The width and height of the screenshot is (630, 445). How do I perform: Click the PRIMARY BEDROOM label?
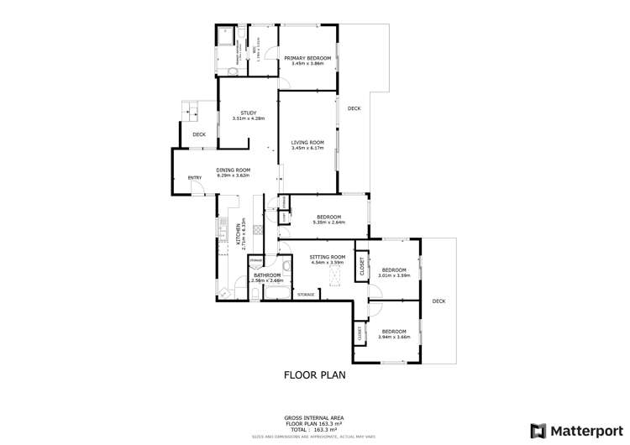coord(307,57)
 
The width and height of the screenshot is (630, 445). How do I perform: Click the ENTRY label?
coord(195,177)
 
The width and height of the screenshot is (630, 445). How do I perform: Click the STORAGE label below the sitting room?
coord(306,295)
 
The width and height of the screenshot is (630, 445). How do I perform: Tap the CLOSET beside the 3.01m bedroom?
coord(362,266)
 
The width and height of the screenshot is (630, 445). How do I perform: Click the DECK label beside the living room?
coord(354,108)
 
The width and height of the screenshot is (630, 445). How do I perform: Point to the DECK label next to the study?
coord(199,134)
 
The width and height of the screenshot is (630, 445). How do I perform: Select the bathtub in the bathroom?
coord(276,291)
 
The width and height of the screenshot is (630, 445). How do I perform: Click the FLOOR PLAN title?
coord(314,375)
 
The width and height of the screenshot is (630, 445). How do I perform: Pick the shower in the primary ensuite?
coord(226,39)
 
